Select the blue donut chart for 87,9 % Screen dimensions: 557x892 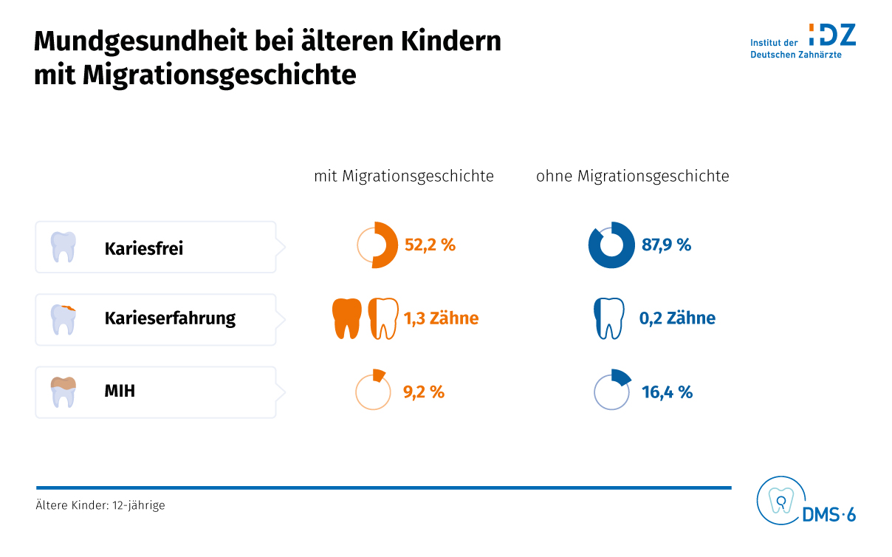coord(611,245)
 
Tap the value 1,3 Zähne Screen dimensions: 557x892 coord(441,318)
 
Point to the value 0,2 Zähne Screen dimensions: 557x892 coord(677,318)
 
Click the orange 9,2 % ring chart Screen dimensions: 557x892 coord(373,391)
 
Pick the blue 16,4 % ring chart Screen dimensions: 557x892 coord(612,391)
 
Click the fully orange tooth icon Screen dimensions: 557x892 coord(347,318)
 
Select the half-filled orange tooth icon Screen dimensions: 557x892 coord(383,318)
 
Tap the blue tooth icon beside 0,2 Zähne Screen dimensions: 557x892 coord(609,318)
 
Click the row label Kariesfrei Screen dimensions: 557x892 coord(143,248)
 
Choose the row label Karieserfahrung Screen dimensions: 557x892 coord(170,318)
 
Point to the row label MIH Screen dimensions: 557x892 coord(120,391)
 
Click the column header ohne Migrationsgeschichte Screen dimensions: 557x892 coord(632,177)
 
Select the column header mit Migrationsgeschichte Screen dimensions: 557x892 coord(404,177)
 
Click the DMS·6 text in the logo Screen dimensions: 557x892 coord(828,515)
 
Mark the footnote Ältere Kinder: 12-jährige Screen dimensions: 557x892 coord(100,506)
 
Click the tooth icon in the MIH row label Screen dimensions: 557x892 coord(64,392)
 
